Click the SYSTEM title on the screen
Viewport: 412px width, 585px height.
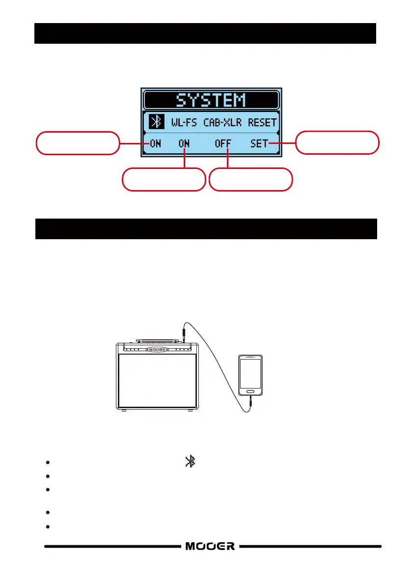(211, 100)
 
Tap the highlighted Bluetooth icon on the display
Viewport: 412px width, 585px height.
(156, 122)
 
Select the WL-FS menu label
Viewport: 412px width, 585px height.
(184, 122)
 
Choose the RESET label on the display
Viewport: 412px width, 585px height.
(262, 122)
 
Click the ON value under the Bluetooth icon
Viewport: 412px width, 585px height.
(155, 144)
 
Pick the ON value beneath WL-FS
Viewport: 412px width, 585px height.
(184, 144)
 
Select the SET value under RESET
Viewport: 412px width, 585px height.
(259, 144)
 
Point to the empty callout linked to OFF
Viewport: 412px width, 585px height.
(251, 179)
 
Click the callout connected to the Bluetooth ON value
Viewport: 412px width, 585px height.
(78, 143)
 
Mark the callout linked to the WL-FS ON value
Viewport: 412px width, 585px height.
(164, 179)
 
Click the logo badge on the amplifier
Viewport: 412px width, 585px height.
(157, 349)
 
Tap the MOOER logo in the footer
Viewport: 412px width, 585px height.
(210, 546)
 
